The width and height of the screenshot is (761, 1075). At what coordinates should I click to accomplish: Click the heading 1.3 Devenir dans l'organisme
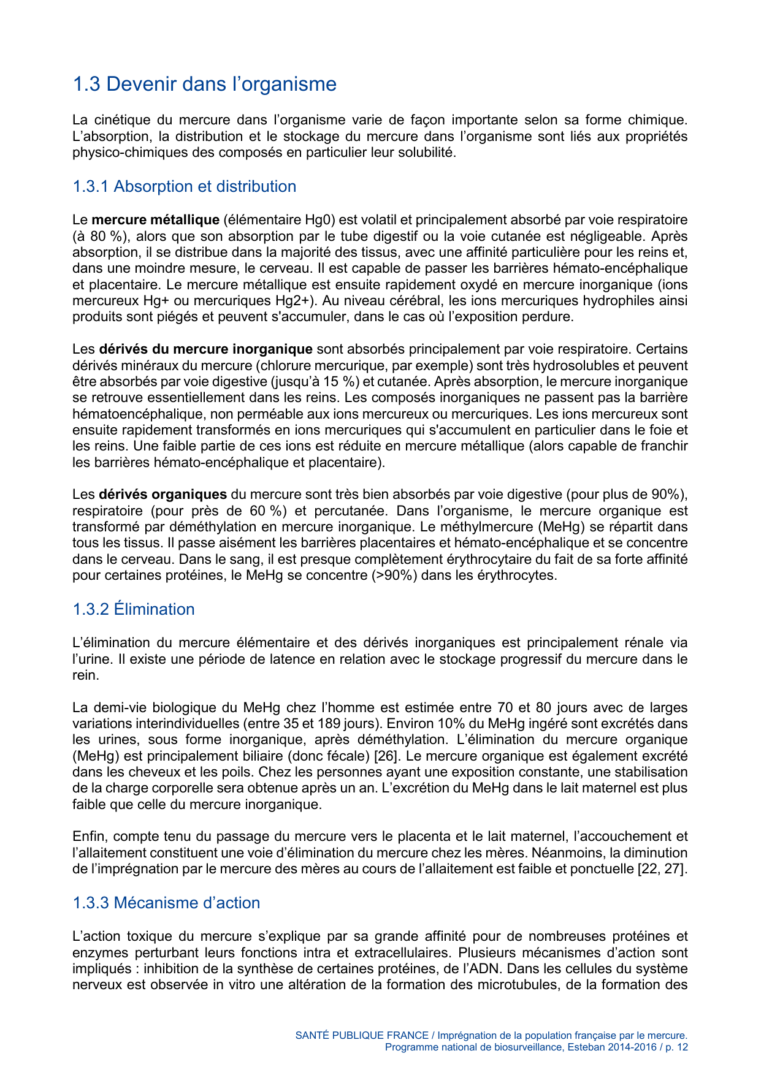point(204,84)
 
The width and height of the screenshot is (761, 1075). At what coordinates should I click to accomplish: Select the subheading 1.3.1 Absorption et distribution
point(184,186)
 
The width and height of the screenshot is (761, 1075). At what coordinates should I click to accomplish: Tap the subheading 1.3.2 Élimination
point(133,609)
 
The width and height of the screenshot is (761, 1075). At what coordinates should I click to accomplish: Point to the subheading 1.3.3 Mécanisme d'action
point(166,903)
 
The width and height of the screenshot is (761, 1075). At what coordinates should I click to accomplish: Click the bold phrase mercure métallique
point(155,220)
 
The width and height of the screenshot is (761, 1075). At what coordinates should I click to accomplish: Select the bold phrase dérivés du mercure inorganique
point(205,349)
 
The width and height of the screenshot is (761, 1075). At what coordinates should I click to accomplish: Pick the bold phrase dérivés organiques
point(163,495)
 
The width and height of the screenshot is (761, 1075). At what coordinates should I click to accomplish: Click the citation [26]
point(386,756)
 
